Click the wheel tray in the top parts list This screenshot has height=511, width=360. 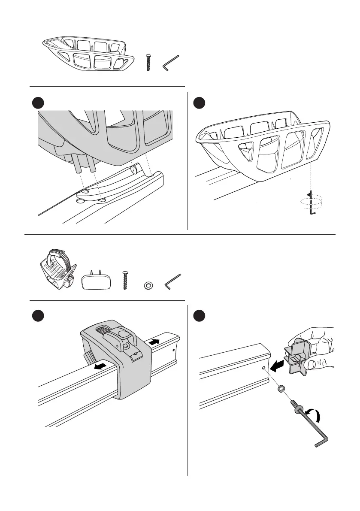pos(86,54)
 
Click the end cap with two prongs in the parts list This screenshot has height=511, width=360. pos(95,281)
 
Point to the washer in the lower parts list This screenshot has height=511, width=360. pos(148,284)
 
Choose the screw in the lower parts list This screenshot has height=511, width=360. pos(125,281)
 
